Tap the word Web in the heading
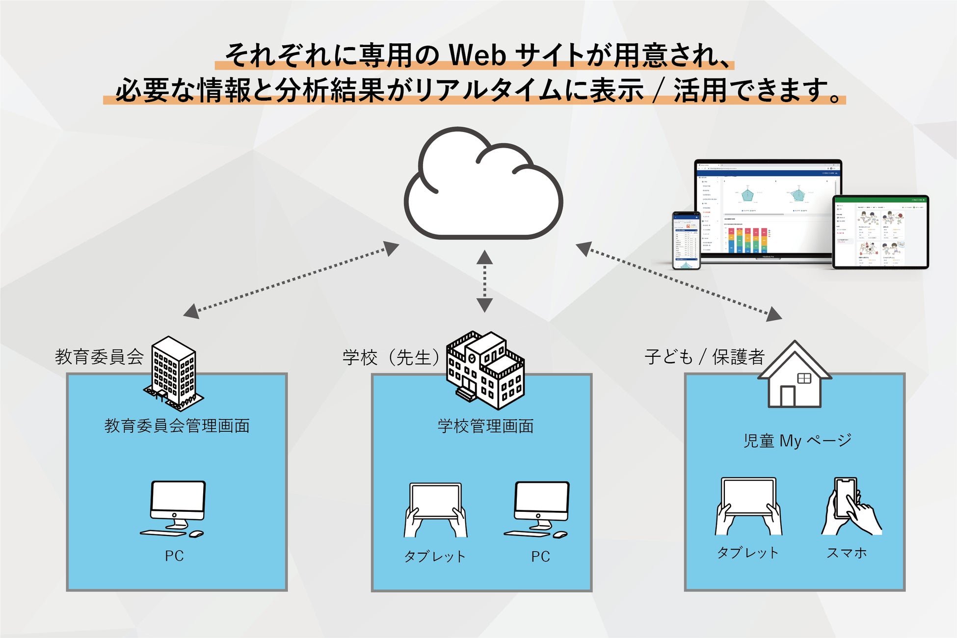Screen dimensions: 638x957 [477, 55]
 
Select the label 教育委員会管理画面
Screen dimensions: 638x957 [177, 425]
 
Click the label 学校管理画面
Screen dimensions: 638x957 [485, 426]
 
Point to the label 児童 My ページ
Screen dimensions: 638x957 [797, 441]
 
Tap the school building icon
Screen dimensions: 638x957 [485, 370]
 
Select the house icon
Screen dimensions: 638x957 [794, 375]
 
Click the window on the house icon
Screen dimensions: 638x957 [804, 378]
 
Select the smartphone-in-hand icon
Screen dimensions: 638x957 [851, 507]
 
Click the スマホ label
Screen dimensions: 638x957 [847, 553]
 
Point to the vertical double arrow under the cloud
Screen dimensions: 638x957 [484, 281]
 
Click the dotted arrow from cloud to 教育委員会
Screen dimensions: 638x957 [291, 280]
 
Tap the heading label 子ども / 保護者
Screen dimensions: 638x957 [705, 357]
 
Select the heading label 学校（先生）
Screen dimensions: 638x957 [391, 357]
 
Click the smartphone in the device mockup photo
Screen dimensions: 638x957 [686, 240]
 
